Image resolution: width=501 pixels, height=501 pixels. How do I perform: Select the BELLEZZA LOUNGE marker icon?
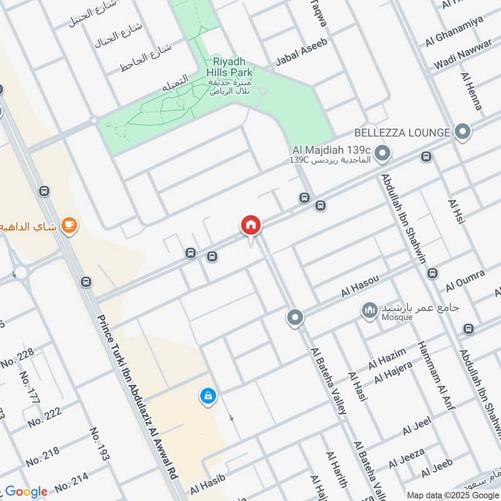point(463,132)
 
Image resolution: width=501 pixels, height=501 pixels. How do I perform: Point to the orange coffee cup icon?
point(70,225)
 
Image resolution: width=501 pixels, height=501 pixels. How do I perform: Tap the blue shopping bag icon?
point(208,396)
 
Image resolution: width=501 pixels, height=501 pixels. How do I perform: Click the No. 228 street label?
point(18,358)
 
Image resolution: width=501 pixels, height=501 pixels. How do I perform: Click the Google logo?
point(26,492)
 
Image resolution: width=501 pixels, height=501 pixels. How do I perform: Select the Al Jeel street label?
point(417,428)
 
